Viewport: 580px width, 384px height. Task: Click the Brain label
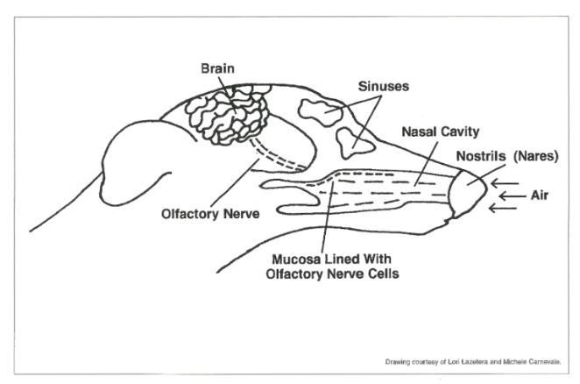pyautogui.click(x=217, y=68)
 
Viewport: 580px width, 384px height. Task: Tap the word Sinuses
pyautogui.click(x=384, y=86)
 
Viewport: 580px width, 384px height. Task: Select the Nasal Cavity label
pyautogui.click(x=440, y=132)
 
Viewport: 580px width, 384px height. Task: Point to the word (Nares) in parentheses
pyautogui.click(x=535, y=156)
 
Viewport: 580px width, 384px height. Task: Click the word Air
pyautogui.click(x=540, y=196)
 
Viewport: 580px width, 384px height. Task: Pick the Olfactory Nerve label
pyautogui.click(x=210, y=214)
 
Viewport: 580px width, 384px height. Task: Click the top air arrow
pyautogui.click(x=505, y=183)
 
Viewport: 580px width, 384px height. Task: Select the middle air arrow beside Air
pyautogui.click(x=512, y=196)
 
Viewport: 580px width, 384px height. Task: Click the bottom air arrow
pyautogui.click(x=503, y=208)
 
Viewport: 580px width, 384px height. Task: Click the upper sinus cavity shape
pyautogui.click(x=321, y=111)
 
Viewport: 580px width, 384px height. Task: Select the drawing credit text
pyautogui.click(x=473, y=362)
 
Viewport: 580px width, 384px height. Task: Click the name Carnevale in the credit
pyautogui.click(x=545, y=362)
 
